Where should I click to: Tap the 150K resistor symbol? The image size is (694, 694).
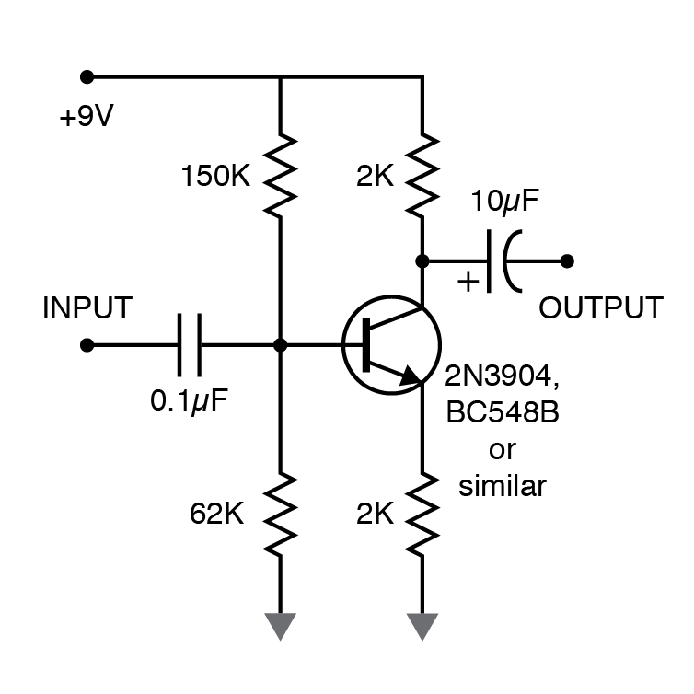280,173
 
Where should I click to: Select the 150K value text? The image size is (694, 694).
214,175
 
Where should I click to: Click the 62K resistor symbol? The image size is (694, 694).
280,514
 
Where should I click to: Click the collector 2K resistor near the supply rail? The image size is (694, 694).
422,173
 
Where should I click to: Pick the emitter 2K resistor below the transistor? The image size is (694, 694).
422,514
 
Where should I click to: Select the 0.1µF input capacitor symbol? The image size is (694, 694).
190,345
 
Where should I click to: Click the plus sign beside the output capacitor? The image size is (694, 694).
468,281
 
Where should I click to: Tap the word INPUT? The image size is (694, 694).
87,307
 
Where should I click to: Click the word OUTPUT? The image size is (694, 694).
600,307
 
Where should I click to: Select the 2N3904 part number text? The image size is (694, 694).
502,376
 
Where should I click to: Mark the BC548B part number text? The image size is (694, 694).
502,412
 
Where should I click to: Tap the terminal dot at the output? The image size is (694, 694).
567,260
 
